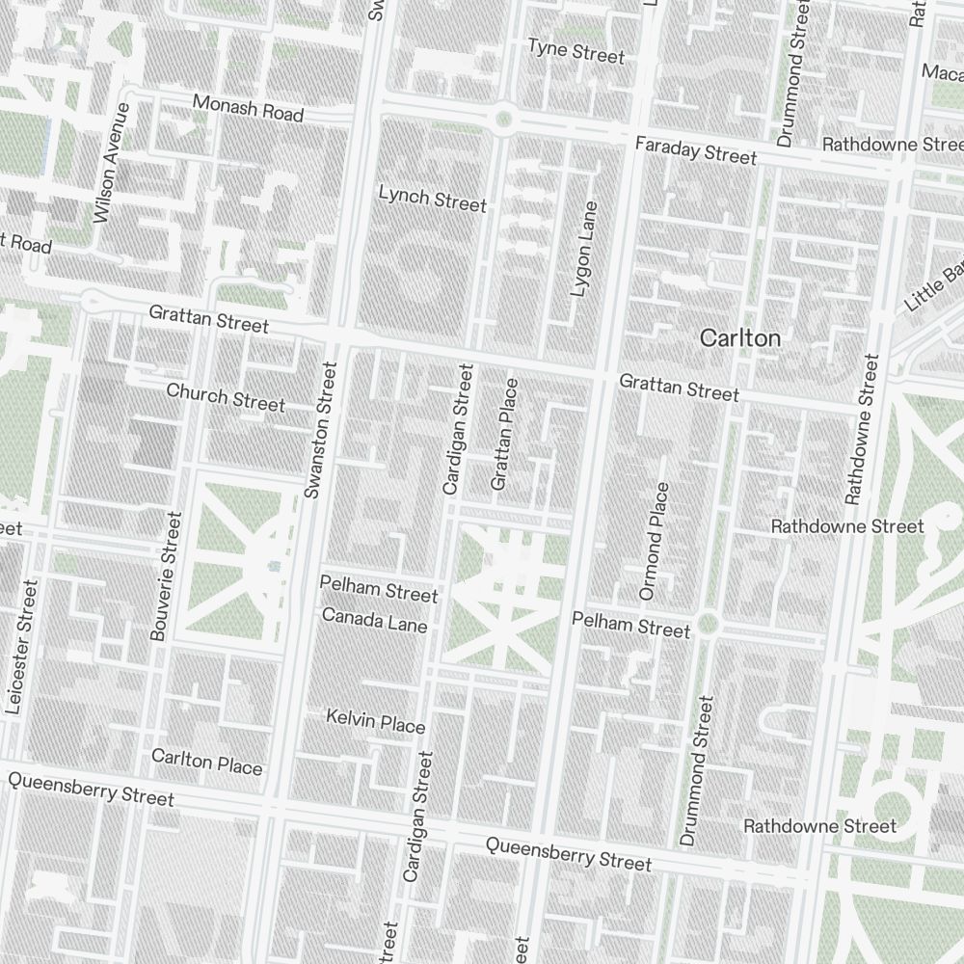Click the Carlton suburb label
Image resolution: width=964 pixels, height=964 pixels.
coord(740,338)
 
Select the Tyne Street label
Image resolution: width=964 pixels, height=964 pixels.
coord(576,51)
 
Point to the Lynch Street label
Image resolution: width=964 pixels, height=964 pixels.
coord(432,200)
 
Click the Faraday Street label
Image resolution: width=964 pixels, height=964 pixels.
coord(696,150)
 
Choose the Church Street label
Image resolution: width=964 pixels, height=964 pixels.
coord(226,397)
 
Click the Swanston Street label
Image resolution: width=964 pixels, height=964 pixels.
coord(320,430)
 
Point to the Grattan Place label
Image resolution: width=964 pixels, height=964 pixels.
coord(504,434)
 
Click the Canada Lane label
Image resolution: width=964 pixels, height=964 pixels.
coord(374,620)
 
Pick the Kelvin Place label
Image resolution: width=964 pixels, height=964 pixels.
coord(375,721)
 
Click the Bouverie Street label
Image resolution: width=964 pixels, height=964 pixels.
coord(166,576)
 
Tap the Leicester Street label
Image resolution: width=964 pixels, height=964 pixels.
coord(20,646)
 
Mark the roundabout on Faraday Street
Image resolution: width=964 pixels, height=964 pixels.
coord(501,120)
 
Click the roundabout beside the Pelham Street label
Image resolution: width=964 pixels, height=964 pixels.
coord(709,624)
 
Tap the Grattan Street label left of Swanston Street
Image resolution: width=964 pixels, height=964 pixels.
coord(208,320)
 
